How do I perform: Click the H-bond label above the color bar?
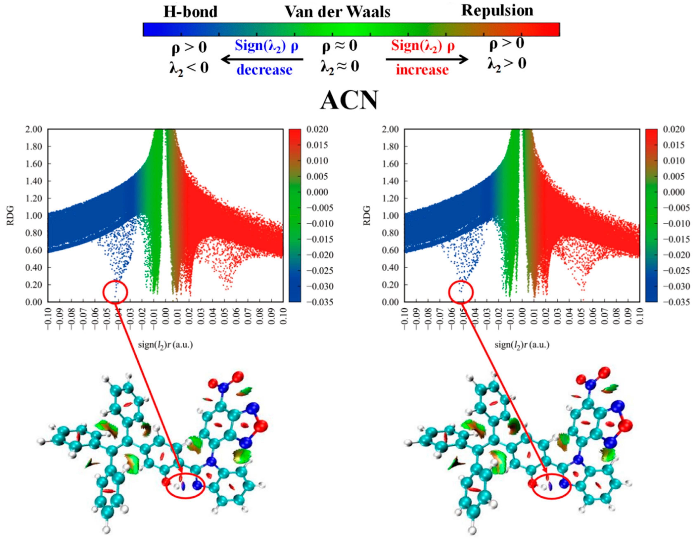[190, 12]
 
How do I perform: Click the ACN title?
[349, 100]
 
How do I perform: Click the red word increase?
[422, 70]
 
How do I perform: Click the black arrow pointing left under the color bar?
[262, 59]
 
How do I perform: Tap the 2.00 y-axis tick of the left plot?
[33, 129]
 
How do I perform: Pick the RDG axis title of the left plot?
[11, 215]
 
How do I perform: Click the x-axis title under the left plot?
[165, 345]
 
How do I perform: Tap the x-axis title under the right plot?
[522, 345]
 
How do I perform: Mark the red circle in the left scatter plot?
[115, 292]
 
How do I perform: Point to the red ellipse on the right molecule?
[551, 487]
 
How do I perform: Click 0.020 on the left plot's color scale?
[317, 129]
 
